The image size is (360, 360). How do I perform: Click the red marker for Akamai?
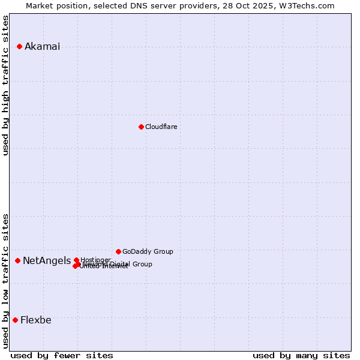19,46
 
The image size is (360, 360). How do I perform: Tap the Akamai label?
42,47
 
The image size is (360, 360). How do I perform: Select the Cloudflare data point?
141,127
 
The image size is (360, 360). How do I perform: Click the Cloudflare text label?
161,127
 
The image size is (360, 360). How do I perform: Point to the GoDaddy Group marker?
118,251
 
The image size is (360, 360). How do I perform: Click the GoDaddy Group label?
148,251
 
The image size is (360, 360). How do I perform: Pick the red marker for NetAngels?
17,260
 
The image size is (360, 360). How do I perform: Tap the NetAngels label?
46,260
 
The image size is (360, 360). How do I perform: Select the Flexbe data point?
15,320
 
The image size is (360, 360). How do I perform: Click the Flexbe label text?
35,320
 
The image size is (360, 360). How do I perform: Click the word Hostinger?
96,260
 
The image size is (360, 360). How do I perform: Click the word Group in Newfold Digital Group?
142,264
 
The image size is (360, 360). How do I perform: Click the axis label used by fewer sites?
62,355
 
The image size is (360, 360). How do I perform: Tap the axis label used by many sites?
301,355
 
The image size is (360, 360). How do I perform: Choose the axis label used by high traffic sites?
5,85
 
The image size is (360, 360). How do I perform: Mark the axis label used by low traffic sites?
5,280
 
